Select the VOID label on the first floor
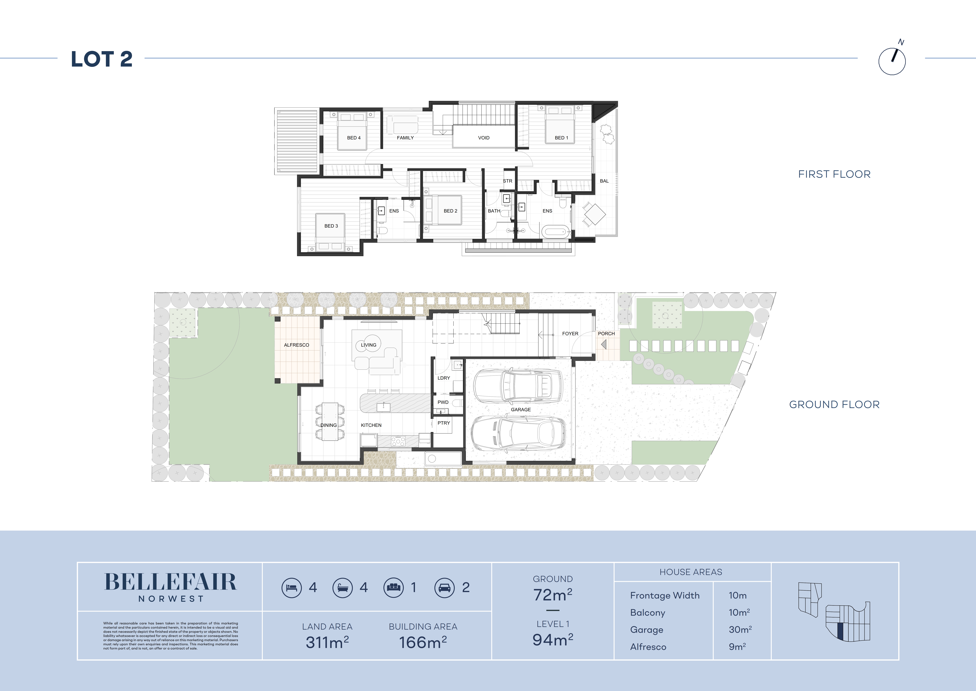(x=484, y=138)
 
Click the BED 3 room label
(x=331, y=226)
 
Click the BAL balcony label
(x=604, y=181)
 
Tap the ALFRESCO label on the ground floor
(x=296, y=345)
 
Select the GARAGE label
(x=521, y=410)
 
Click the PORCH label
(x=606, y=334)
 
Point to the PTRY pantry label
(x=444, y=423)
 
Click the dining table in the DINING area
(x=330, y=422)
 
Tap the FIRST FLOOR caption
(x=834, y=174)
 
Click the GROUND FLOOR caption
(x=834, y=405)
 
